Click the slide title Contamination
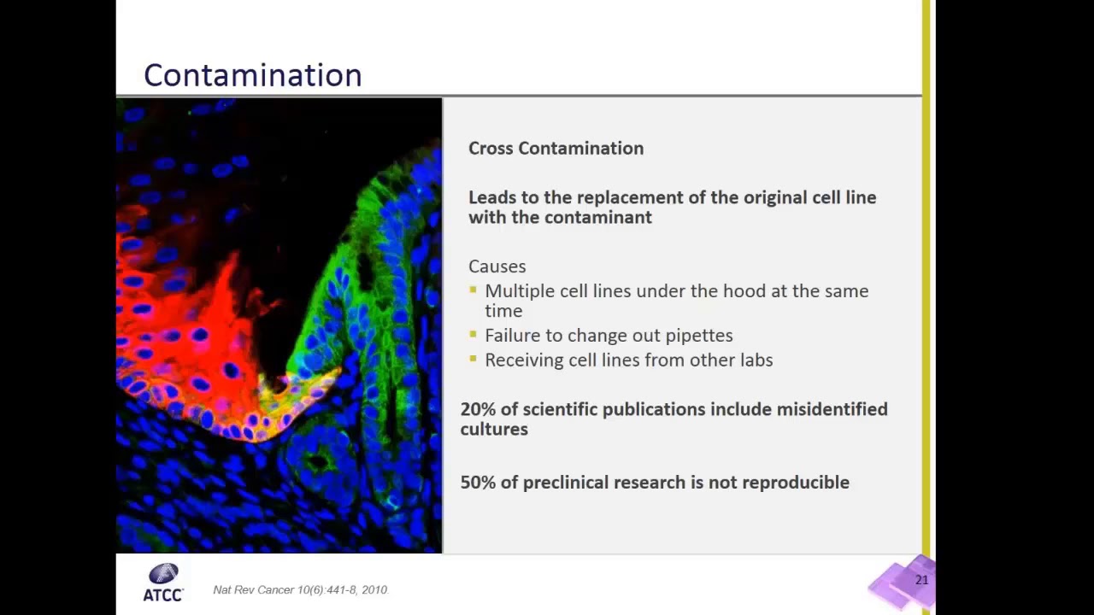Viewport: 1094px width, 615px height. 252,75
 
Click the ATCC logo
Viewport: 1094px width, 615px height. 162,583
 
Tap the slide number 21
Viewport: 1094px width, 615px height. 921,580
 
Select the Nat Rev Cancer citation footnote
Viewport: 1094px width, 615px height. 300,590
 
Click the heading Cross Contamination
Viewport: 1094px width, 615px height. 556,148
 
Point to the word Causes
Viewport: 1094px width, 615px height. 497,266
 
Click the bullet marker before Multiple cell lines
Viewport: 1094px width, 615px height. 473,289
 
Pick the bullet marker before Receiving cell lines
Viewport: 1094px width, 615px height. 473,358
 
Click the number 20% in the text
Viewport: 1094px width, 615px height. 478,409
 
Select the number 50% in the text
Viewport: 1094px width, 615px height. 478,483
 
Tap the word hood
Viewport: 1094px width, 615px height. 744,291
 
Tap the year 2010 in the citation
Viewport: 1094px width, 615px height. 374,590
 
